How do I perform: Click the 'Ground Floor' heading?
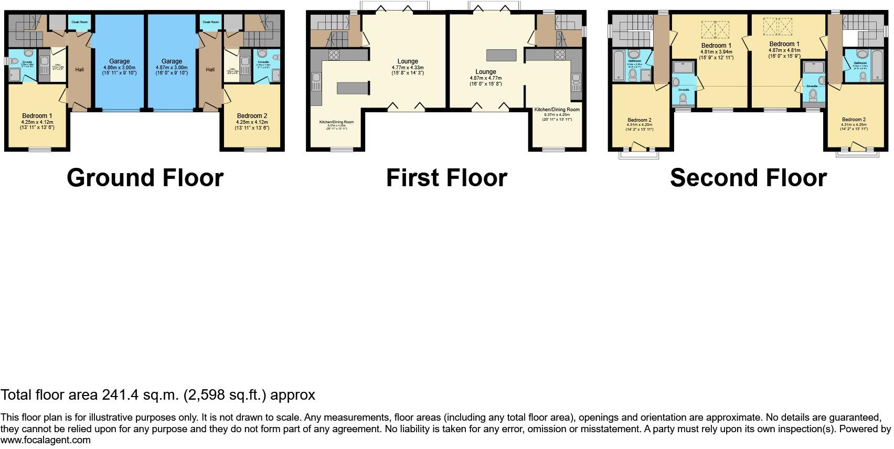tap(145, 178)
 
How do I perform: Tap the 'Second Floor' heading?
tap(748, 178)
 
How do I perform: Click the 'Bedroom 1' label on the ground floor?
tap(37, 116)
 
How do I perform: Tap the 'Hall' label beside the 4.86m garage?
tap(79, 69)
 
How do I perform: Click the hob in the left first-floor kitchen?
tap(334, 55)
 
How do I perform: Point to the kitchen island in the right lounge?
tap(502, 55)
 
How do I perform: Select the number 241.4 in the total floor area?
tap(120, 395)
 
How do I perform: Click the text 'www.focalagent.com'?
tap(46, 440)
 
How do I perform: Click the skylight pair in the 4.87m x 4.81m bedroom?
tap(778, 26)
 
